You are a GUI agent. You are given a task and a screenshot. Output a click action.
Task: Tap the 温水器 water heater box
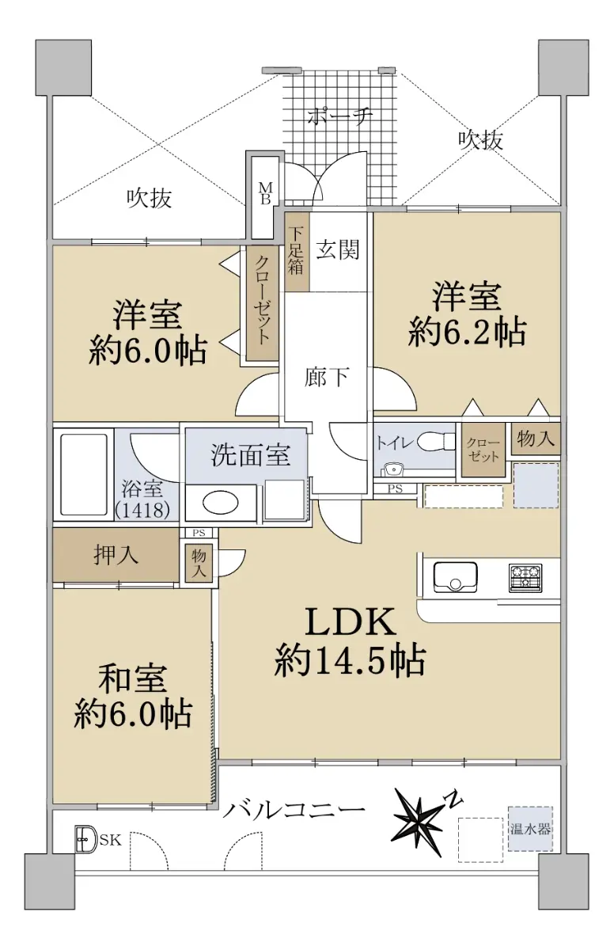coord(530,828)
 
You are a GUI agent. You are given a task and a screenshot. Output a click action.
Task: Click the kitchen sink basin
coord(455,577)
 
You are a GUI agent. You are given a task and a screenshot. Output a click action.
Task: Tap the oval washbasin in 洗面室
coord(220,503)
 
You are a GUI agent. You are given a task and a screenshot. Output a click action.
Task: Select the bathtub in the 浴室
coord(84,473)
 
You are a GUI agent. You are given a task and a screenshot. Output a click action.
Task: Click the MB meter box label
coord(266,194)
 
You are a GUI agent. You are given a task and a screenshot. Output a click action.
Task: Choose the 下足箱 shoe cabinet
coord(297,252)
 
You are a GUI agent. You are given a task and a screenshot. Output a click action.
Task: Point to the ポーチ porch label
coord(339,116)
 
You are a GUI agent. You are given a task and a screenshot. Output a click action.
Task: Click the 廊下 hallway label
coord(327,376)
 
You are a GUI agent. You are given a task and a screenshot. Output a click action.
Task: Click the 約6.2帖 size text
coord(467,332)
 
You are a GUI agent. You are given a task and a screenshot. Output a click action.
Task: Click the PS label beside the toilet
coord(395,488)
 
